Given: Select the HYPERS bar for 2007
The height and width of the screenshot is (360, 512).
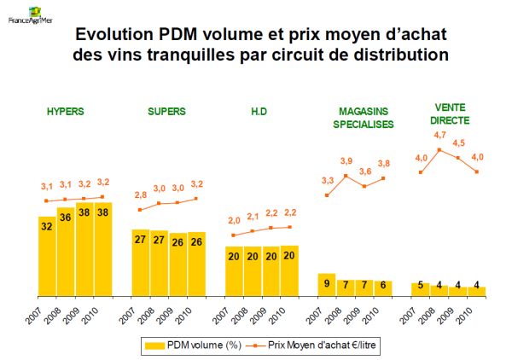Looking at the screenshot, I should coord(47,256).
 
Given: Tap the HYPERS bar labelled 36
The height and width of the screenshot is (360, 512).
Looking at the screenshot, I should coord(66,252).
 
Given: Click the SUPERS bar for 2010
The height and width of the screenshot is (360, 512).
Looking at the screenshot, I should coord(197,264).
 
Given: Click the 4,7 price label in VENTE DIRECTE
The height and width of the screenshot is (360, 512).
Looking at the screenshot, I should coord(440,135).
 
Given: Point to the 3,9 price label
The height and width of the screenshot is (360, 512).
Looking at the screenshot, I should coord(346,161).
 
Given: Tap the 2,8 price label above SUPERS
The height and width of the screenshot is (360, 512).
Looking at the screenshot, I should coord(142,195).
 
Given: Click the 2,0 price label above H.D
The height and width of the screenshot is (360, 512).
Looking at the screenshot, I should coord(235,221).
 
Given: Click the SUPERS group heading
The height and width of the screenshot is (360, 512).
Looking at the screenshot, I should coord(166,111).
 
